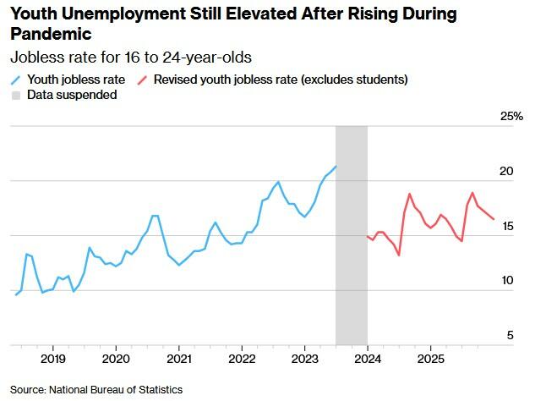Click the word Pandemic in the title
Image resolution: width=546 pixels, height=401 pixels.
click(x=50, y=35)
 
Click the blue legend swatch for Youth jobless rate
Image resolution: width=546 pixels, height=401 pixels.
click(x=16, y=80)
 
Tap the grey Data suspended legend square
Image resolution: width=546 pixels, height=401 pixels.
click(x=16, y=96)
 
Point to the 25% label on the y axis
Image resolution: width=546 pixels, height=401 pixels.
click(x=513, y=117)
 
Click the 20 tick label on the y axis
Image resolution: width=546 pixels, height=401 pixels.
click(x=506, y=172)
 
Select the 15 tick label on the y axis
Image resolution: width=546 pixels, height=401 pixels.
click(x=506, y=227)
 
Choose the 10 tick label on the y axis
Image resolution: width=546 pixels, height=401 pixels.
click(x=506, y=282)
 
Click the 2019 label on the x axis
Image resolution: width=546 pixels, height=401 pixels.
click(x=52, y=360)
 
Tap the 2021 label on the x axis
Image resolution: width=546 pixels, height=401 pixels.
click(x=178, y=360)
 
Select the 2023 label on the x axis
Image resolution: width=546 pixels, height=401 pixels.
click(x=304, y=360)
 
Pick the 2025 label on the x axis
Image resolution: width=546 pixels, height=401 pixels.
click(x=430, y=360)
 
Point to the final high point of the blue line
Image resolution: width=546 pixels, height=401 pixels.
click(x=336, y=167)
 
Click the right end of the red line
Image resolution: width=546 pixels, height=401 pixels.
click(x=494, y=219)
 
